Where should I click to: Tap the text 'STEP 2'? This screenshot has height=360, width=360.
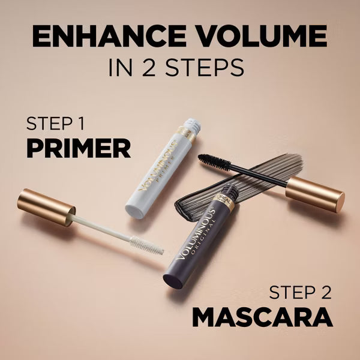click(300, 292)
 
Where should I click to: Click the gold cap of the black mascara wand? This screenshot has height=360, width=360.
click(314, 192)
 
